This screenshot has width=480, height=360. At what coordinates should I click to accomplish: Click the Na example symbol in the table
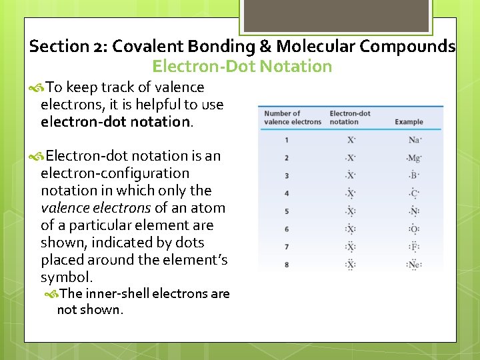[x=415, y=140]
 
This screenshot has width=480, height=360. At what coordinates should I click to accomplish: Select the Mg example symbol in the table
[x=414, y=158]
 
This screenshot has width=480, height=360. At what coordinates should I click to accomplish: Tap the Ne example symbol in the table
[x=415, y=265]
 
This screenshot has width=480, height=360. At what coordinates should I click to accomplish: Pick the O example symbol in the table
[x=415, y=229]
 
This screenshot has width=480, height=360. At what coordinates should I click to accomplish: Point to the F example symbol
[x=415, y=247]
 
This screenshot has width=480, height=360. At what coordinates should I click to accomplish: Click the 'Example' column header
[x=409, y=122]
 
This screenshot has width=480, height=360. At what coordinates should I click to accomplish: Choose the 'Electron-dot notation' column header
[x=349, y=117]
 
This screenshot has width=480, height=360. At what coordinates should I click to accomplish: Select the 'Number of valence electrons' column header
[x=292, y=117]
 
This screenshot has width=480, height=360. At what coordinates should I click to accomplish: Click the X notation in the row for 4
[x=351, y=193]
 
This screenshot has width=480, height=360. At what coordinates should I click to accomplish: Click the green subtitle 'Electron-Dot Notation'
[x=241, y=67]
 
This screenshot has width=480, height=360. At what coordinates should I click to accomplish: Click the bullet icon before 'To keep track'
[x=37, y=87]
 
